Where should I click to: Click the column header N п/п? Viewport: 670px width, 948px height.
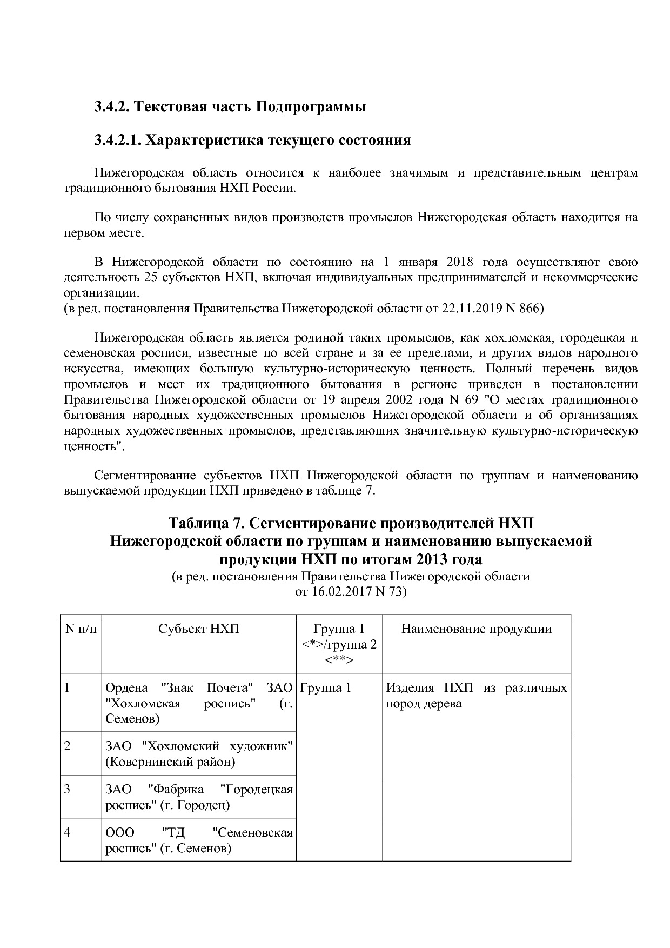[81, 629]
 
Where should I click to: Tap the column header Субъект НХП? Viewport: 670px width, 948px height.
[199, 629]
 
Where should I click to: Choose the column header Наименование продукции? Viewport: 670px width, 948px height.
[476, 629]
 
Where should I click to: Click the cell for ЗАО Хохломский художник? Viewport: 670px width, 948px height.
[199, 754]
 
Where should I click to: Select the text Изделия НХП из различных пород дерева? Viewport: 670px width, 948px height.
[476, 696]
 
